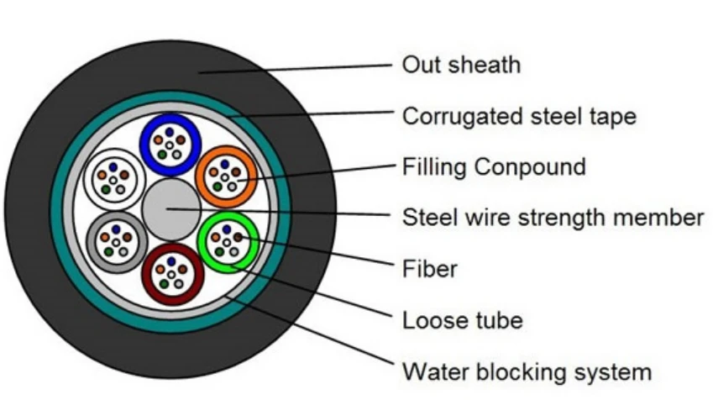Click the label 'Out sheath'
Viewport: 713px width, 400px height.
pyautogui.click(x=461, y=65)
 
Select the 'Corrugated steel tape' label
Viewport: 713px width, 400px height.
pyautogui.click(x=519, y=117)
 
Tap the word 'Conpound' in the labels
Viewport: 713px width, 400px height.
pyautogui.click(x=530, y=167)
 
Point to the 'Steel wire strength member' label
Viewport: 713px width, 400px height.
pyautogui.click(x=553, y=217)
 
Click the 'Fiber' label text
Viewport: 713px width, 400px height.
pyautogui.click(x=429, y=268)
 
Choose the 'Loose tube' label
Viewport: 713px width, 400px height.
pyautogui.click(x=463, y=320)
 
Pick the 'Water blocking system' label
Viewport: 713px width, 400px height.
pyautogui.click(x=527, y=371)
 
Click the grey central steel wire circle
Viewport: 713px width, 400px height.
pyautogui.click(x=171, y=209)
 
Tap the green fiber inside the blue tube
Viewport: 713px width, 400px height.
pyautogui.click(x=162, y=155)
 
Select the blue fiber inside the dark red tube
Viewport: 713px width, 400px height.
pyautogui.click(x=171, y=261)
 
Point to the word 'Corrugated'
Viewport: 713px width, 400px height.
pyautogui.click(x=463, y=118)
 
